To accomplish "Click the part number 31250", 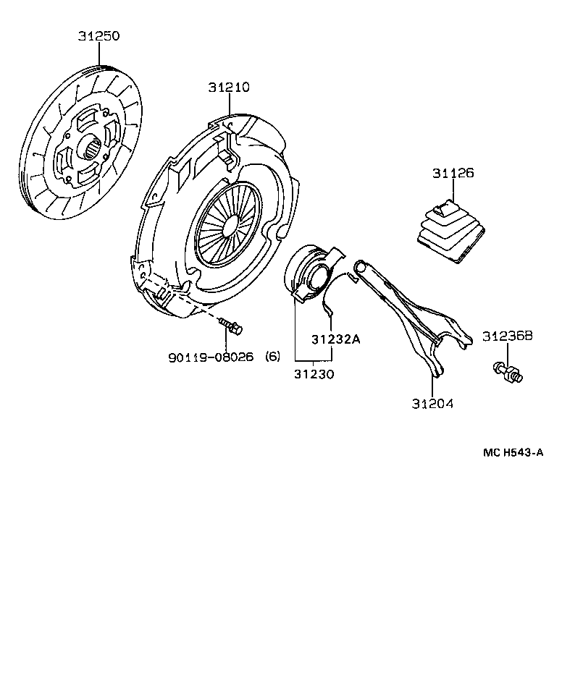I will click(x=99, y=35).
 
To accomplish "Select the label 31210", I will click(x=228, y=88).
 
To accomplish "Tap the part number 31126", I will click(x=453, y=174).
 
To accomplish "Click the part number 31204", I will click(x=432, y=403).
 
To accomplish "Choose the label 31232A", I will click(x=335, y=339).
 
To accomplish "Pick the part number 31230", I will click(x=314, y=374).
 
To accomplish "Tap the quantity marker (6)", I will click(x=272, y=356).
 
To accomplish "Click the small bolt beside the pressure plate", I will click(x=231, y=326).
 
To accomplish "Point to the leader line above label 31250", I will click(x=99, y=54).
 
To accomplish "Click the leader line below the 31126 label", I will click(x=453, y=190).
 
